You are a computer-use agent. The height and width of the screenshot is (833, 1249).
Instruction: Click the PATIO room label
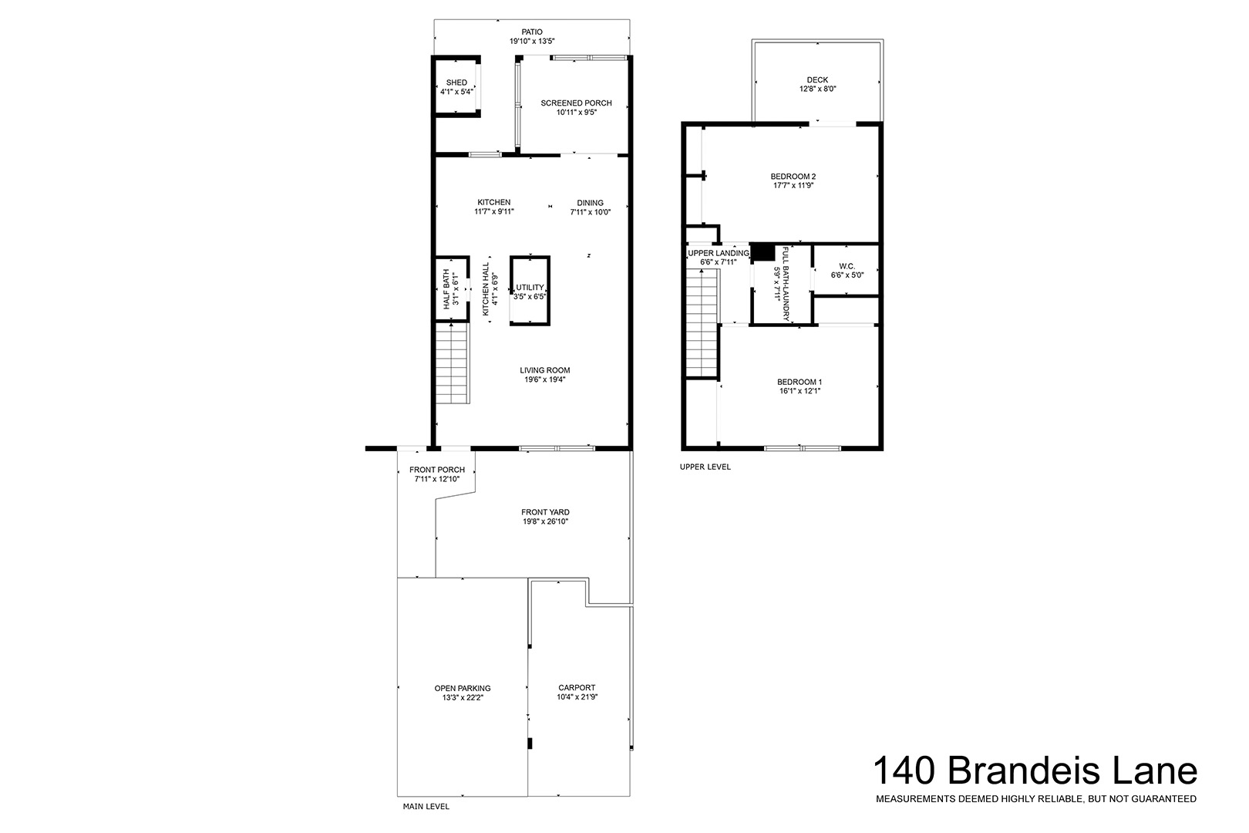pos(532,32)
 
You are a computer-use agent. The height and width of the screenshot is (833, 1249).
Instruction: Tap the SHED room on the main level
pos(456,86)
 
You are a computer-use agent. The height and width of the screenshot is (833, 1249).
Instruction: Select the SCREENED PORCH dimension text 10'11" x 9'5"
pos(576,112)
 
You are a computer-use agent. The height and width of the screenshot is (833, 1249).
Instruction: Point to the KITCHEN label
pos(493,203)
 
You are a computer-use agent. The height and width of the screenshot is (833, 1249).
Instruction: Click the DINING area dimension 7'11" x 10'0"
pos(590,212)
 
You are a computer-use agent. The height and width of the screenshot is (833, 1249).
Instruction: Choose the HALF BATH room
pos(452,288)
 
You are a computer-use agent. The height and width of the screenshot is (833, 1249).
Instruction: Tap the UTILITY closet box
pos(530,290)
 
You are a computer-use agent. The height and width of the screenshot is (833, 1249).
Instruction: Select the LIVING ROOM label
pos(545,370)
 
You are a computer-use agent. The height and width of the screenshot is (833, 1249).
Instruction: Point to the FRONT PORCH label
pos(437,470)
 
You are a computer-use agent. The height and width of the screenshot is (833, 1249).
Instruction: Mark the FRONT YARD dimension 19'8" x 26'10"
pos(545,521)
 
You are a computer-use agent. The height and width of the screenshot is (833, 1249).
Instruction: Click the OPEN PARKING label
pos(463,689)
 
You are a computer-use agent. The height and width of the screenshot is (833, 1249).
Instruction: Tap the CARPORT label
pos(577,688)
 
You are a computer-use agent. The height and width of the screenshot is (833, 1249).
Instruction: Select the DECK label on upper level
pos(817,79)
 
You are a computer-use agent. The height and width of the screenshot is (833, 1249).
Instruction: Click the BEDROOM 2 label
pos(793,177)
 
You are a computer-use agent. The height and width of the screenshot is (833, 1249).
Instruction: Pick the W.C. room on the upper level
pos(846,271)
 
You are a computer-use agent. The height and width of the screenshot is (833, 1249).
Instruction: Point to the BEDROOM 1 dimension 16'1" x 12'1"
pos(800,391)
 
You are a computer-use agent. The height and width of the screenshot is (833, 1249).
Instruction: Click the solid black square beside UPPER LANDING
pos(763,252)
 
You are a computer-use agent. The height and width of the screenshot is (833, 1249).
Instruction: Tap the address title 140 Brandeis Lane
pos(1035,771)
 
